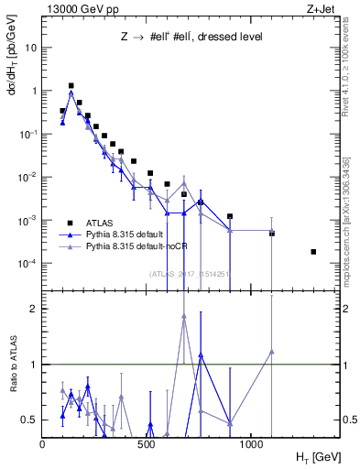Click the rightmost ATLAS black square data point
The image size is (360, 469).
point(313,252)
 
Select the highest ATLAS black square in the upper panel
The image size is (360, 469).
point(71,85)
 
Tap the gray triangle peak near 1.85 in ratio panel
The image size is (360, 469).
point(184,316)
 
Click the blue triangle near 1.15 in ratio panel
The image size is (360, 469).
point(201,354)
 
